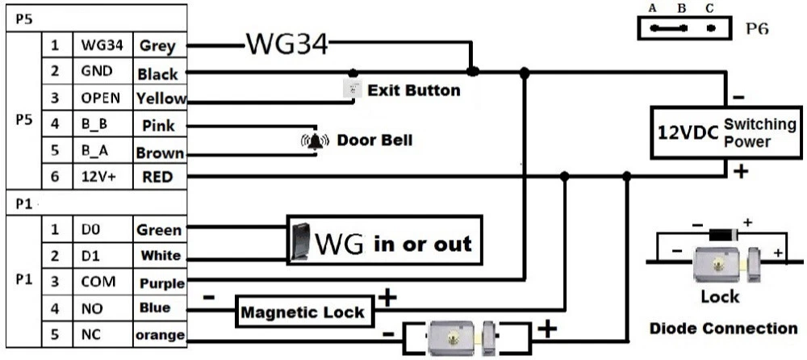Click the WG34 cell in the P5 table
click(102, 47)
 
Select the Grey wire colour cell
click(158, 47)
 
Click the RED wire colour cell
click(158, 177)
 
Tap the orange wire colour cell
click(160, 334)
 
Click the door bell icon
click(316, 141)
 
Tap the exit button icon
click(352, 90)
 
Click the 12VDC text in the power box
click(688, 132)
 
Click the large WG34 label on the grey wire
click(286, 44)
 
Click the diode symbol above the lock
click(723, 233)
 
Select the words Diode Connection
click(723, 328)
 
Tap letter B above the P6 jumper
click(682, 8)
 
